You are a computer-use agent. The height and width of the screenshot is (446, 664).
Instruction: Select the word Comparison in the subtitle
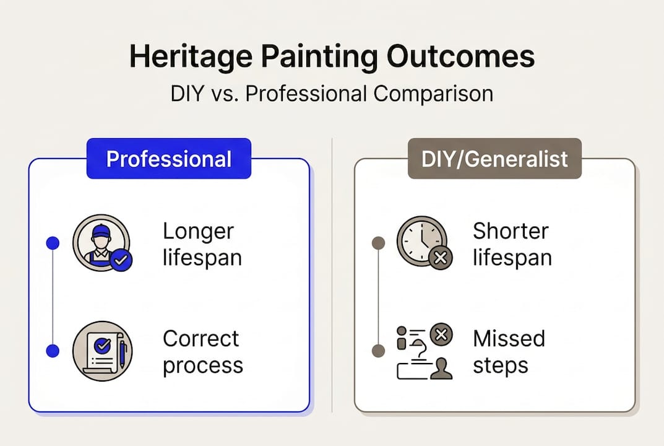[433, 94]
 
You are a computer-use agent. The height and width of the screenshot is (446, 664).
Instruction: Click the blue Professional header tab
[169, 159]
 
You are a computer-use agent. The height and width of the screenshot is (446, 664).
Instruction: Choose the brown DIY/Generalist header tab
[494, 159]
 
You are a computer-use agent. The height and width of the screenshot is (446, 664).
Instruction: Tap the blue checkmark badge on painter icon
[121, 261]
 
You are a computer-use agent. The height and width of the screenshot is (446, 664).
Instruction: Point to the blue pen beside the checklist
[123, 354]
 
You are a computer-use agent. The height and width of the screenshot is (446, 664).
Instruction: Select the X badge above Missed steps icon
[441, 336]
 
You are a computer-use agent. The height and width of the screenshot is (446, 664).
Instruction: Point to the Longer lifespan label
[199, 244]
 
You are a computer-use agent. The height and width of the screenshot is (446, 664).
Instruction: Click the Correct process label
[202, 352]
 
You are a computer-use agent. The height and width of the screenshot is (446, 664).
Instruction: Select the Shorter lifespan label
[512, 244]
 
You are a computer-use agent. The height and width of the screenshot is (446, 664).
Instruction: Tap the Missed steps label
[509, 352]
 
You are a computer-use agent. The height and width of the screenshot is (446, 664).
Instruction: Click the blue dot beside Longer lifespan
[53, 243]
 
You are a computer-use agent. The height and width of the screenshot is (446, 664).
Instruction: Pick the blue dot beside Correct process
[53, 351]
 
